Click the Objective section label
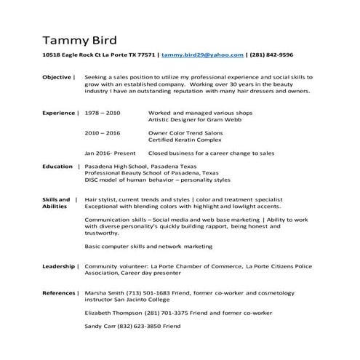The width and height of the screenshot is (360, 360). coord(57,76)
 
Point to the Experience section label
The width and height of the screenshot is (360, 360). coord(59,113)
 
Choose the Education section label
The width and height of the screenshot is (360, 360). coord(57,167)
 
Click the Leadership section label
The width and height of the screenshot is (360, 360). coord(58,266)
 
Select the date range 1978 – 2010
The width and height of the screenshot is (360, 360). coord(103,113)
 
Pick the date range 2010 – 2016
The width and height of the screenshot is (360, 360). coord(103,134)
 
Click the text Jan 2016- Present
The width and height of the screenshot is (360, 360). coord(110,154)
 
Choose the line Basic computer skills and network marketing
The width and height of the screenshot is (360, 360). coord(148,247)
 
